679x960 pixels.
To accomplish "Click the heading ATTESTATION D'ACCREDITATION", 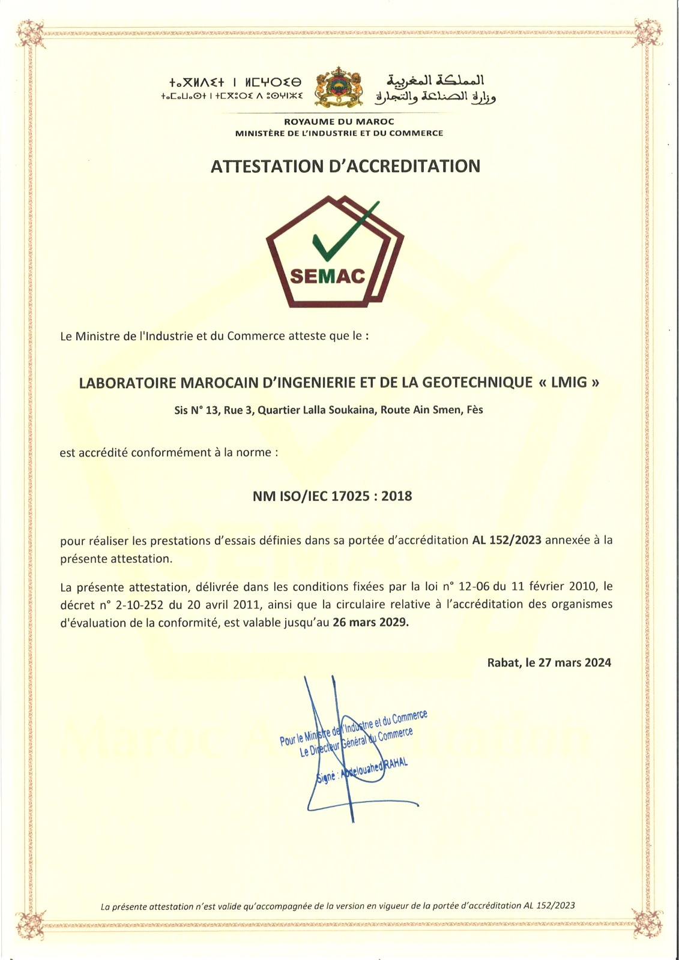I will tap(345, 166).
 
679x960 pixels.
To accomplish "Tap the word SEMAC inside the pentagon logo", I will tap(327, 276).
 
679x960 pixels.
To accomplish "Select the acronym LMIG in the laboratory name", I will tap(569, 382).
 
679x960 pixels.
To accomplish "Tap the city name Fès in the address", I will tap(474, 410).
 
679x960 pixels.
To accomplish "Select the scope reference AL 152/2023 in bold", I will tap(507, 539).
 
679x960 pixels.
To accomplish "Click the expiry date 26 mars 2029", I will tap(370, 622).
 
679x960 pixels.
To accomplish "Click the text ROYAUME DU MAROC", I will tap(339, 122).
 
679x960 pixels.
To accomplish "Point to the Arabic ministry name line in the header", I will tap(435, 97).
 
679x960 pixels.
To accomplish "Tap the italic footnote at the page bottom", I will tap(337, 906).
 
